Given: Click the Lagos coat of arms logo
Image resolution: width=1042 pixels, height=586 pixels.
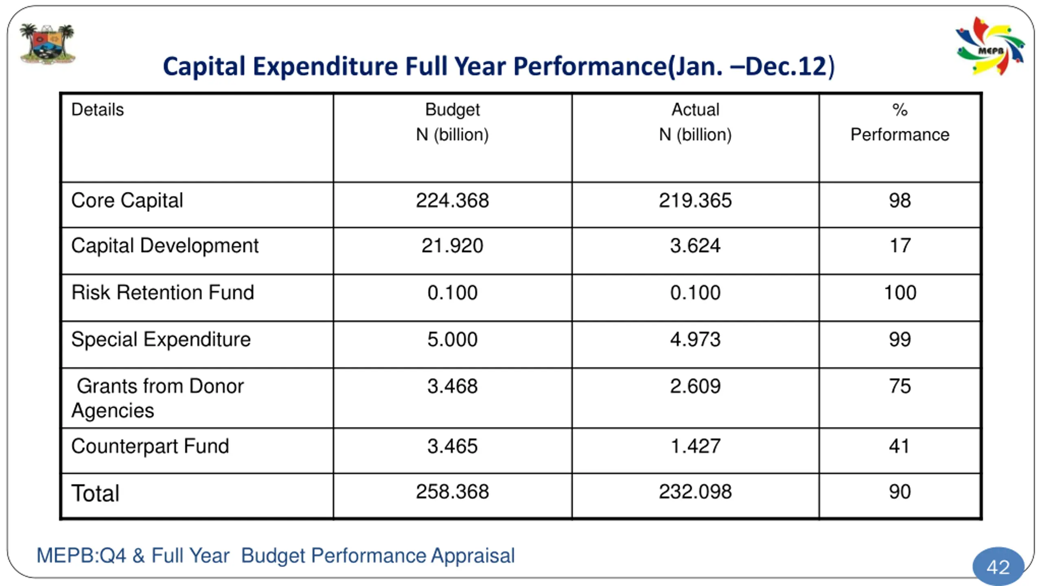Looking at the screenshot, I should (x=48, y=44).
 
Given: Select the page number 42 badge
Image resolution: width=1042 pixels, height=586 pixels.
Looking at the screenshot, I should (x=998, y=566).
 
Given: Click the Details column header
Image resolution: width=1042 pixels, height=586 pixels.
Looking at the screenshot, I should (x=97, y=110).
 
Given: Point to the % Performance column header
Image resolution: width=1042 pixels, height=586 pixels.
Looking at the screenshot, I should (x=900, y=122).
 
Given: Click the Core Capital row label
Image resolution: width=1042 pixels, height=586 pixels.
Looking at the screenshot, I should (x=127, y=201).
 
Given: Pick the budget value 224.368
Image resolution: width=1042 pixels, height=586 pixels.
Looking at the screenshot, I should (x=452, y=201).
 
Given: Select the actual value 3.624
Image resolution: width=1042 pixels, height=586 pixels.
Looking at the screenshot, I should (x=695, y=246).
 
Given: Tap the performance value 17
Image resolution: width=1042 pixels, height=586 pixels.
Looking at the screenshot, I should (x=900, y=246).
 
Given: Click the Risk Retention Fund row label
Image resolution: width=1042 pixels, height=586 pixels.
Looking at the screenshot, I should (x=163, y=293).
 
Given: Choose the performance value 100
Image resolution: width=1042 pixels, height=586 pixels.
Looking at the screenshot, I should (x=900, y=293).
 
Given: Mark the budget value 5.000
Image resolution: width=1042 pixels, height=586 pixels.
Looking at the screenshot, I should (x=452, y=339).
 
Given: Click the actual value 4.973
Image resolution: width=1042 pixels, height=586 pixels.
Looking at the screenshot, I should (x=695, y=339).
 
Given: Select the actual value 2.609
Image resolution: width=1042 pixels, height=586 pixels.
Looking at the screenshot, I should (x=695, y=386).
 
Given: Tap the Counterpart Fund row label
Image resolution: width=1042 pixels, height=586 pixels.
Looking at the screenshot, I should (x=150, y=446).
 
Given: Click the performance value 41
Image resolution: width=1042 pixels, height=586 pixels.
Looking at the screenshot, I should (x=899, y=446).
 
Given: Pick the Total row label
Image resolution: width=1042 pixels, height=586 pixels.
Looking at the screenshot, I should (x=95, y=493).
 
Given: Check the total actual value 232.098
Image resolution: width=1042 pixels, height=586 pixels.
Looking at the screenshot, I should (x=695, y=492).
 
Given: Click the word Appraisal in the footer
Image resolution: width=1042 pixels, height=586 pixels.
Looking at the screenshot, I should (x=473, y=556).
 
